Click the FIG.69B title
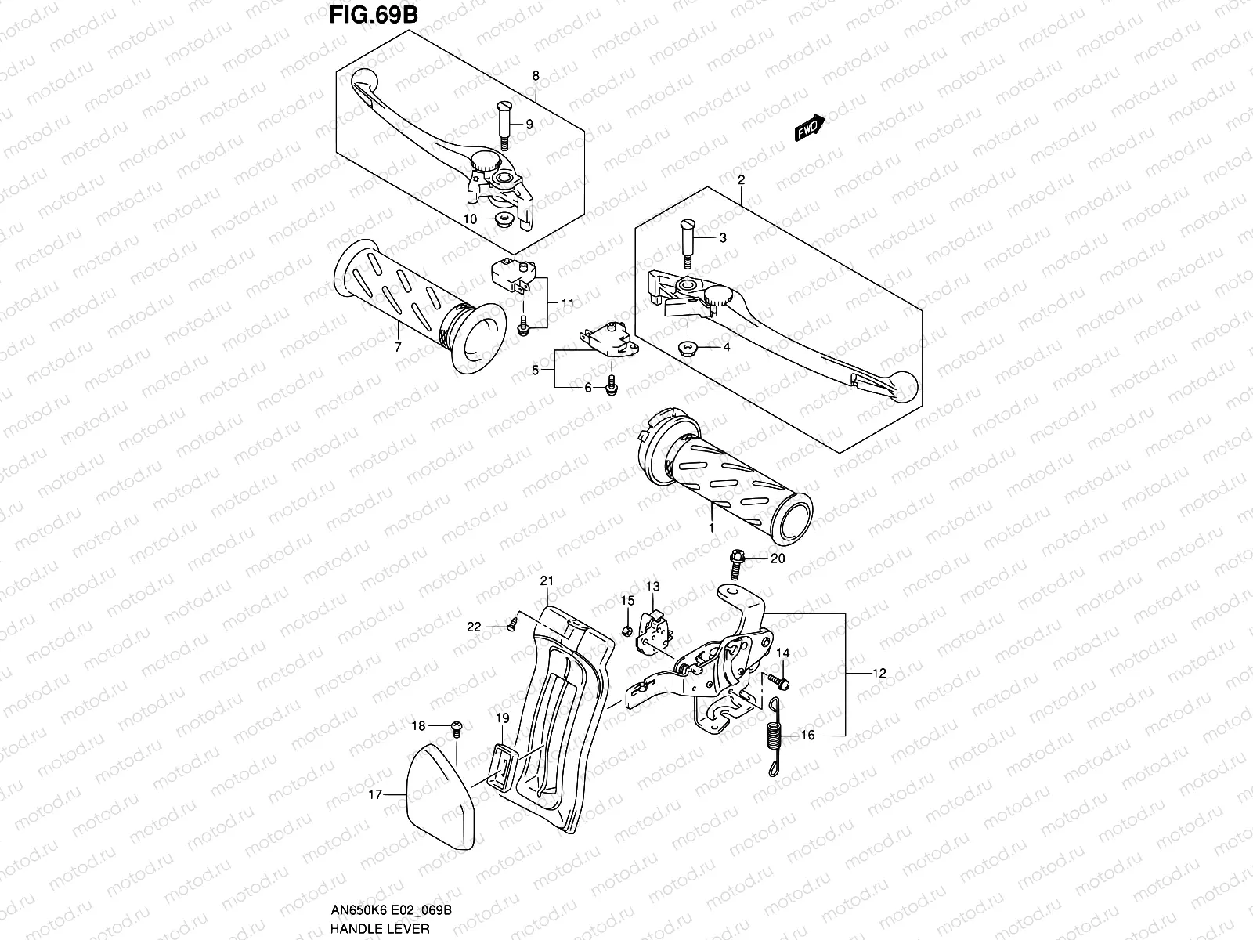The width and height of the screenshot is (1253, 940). point(364,17)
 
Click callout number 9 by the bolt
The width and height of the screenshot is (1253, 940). point(529,125)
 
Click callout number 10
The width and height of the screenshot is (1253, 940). point(470,219)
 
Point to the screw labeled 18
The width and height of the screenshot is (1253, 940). point(458,727)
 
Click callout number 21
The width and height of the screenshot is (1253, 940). point(547,580)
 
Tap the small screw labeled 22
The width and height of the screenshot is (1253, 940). point(512,624)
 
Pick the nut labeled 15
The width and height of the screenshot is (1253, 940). point(627,631)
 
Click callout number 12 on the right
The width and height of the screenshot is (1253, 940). point(879,673)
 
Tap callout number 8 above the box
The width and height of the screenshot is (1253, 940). point(536,75)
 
